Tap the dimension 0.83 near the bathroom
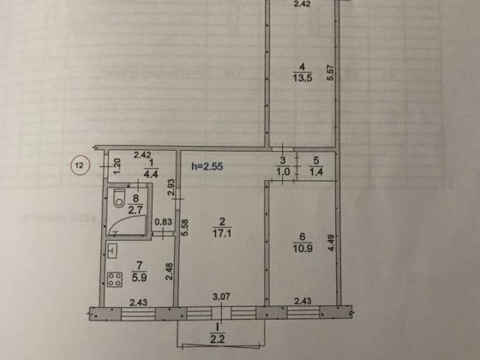tap(160, 225)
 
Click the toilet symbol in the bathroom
tap(117, 201)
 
